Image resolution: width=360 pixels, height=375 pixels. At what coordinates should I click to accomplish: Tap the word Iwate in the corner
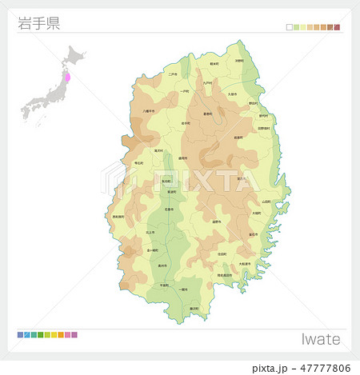point(321,339)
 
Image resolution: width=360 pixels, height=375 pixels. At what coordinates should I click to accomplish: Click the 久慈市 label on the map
point(233,94)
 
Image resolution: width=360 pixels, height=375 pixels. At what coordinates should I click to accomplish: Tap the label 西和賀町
point(118,217)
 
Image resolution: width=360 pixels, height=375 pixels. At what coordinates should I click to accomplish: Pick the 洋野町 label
point(239,60)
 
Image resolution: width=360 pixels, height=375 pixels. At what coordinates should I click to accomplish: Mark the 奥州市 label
point(162,265)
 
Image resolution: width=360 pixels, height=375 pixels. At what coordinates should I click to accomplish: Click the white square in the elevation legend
point(289,27)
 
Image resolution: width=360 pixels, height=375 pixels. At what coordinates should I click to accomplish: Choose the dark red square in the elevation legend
point(337,27)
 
